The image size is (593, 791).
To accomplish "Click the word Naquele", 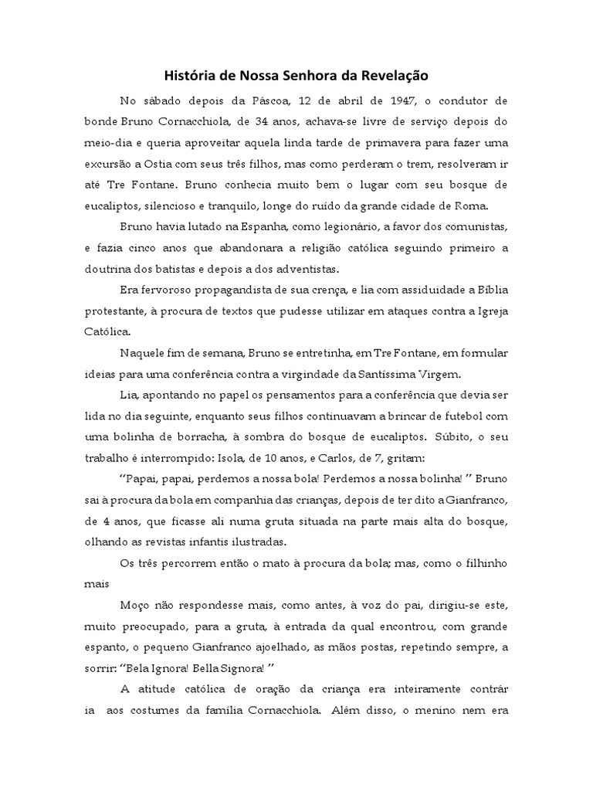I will [145, 353].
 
